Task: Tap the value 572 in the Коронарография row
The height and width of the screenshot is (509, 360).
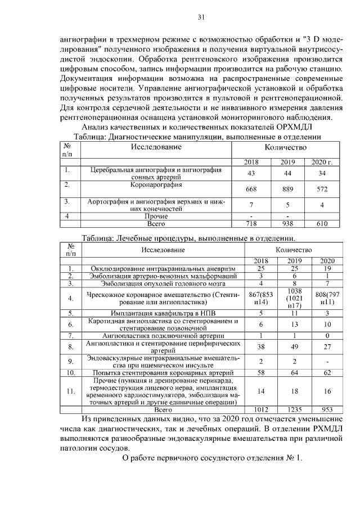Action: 322,190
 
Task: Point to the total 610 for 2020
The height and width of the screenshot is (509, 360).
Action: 322,223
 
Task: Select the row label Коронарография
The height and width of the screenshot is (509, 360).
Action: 156,184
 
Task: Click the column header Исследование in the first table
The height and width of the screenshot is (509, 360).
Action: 156,147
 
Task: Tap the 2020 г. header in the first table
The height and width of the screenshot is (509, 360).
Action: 322,163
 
